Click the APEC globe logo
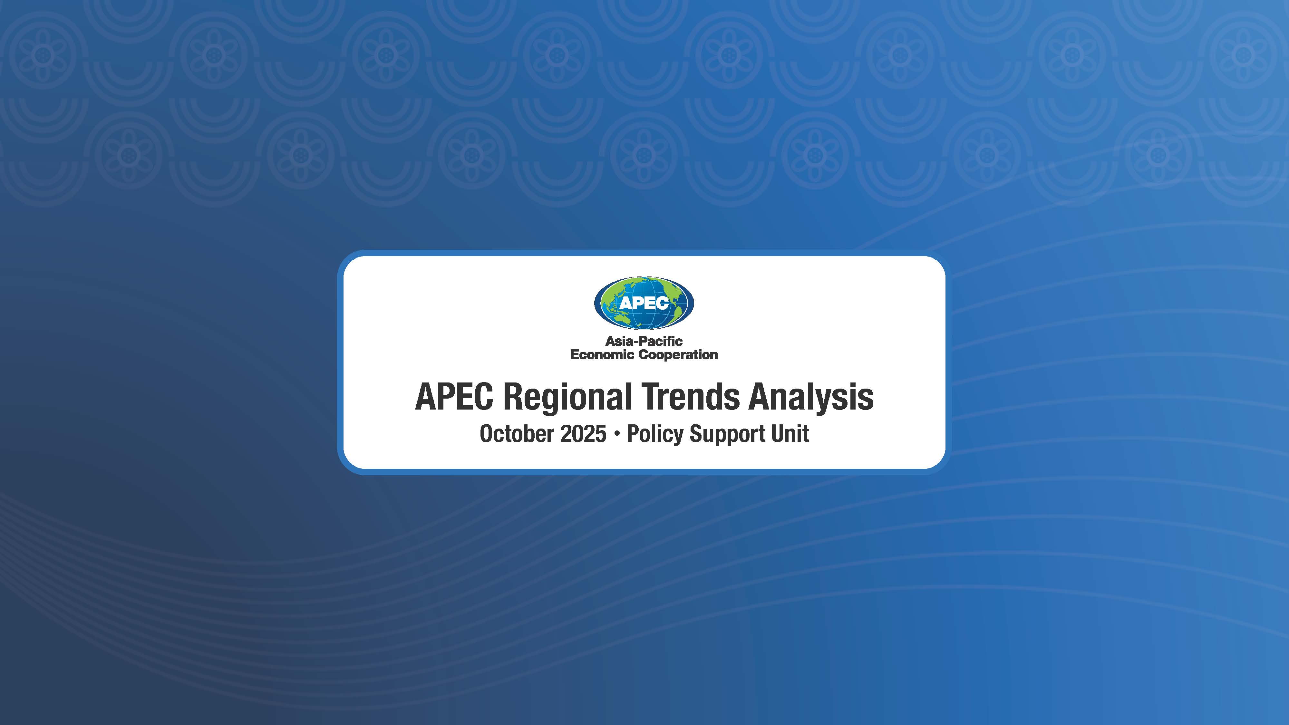point(644,303)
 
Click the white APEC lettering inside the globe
point(644,303)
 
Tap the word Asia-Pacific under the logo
point(644,341)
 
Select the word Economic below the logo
point(602,355)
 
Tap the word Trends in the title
point(691,397)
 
